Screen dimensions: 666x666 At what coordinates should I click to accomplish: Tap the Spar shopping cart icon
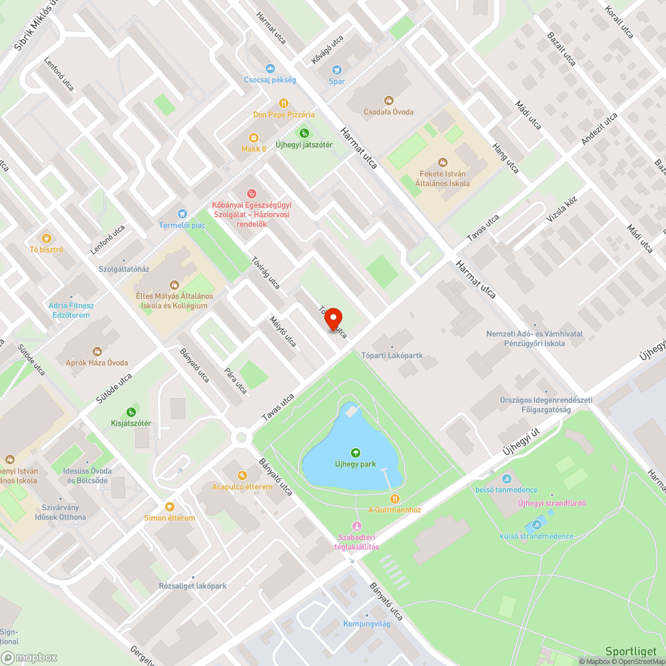[x=337, y=69]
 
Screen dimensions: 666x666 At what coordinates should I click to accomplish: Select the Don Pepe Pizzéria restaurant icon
[x=284, y=103]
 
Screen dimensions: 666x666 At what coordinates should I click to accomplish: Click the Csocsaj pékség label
[x=270, y=80]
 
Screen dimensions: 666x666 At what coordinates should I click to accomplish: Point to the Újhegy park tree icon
[x=355, y=453]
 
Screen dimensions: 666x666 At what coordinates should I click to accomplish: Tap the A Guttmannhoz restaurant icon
[x=395, y=498]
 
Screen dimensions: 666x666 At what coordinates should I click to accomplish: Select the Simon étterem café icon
[x=169, y=507]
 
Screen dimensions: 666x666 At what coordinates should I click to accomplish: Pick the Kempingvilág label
[x=367, y=624]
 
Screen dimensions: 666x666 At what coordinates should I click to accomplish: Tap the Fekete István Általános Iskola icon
[x=443, y=162]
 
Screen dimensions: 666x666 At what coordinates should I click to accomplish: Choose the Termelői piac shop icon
[x=182, y=214]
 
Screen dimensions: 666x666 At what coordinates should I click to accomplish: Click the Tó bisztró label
[x=46, y=250]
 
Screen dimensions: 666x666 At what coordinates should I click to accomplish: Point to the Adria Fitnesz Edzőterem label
[x=71, y=310]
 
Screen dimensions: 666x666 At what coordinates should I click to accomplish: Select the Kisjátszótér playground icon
[x=131, y=412]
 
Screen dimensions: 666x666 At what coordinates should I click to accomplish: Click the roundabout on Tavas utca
[x=241, y=438]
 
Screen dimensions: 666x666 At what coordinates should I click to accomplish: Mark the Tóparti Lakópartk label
[x=392, y=356]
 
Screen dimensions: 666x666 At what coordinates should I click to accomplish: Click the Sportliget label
[x=631, y=651]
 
